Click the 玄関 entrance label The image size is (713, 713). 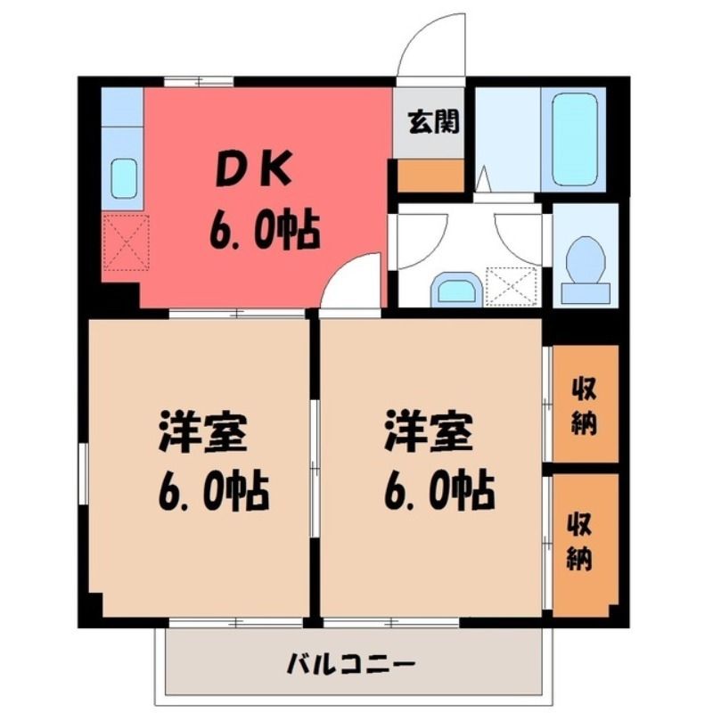pyautogui.click(x=433, y=122)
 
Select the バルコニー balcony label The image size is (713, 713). pyautogui.click(x=350, y=665)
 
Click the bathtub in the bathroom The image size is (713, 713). pyautogui.click(x=574, y=139)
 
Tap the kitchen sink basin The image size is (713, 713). pyautogui.click(x=124, y=178)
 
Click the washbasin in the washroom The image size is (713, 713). pyautogui.click(x=456, y=290)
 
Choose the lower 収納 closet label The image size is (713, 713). pyautogui.click(x=579, y=541)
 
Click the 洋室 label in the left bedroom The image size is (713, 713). pyautogui.click(x=203, y=430)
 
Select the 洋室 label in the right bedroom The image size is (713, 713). pyautogui.click(x=429, y=430)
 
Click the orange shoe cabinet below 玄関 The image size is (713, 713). pyautogui.click(x=430, y=175)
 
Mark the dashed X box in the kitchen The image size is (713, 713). pyautogui.click(x=126, y=242)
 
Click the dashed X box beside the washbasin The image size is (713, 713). pyautogui.click(x=512, y=286)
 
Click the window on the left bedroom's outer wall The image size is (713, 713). pyautogui.click(x=83, y=474)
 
